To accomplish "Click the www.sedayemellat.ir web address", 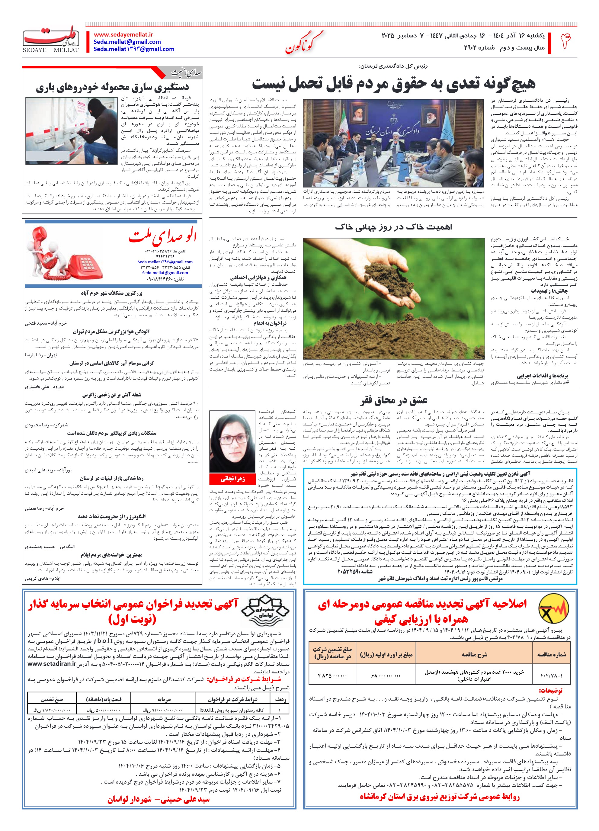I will click(x=123, y=34).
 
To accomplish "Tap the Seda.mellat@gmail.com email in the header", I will click(x=127, y=41).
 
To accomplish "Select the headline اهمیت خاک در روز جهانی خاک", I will click(x=393, y=227).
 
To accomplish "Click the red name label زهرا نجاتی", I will click(x=232, y=479).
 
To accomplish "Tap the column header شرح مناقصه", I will click(x=474, y=654).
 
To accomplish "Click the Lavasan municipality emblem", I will click(x=264, y=611).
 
